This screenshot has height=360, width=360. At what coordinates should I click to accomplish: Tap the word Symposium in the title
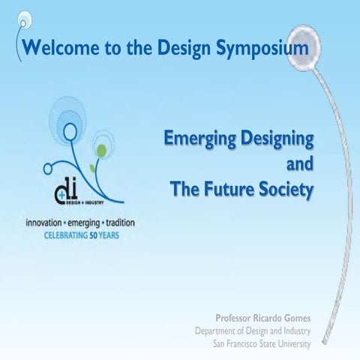click(x=262, y=49)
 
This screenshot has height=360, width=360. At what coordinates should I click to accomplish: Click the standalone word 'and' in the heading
click(x=300, y=164)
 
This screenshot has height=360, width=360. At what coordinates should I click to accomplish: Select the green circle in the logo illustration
click(x=101, y=151)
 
